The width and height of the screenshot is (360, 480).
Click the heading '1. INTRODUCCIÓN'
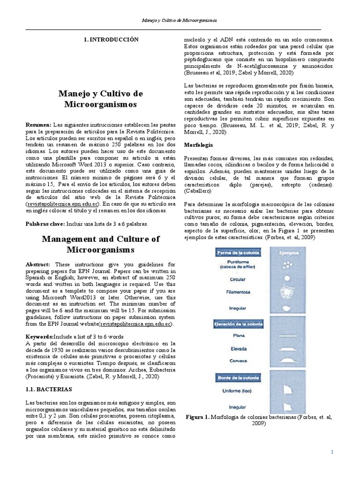(111, 40)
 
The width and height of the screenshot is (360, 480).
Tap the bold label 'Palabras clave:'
(45, 225)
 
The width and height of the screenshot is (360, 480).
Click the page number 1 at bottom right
(332, 452)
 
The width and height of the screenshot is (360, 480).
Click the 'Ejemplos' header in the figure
(286, 253)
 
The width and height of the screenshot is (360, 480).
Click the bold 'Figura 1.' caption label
(198, 417)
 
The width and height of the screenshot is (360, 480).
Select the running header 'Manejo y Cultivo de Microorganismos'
(180, 21)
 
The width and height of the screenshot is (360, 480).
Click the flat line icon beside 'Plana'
(286, 336)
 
